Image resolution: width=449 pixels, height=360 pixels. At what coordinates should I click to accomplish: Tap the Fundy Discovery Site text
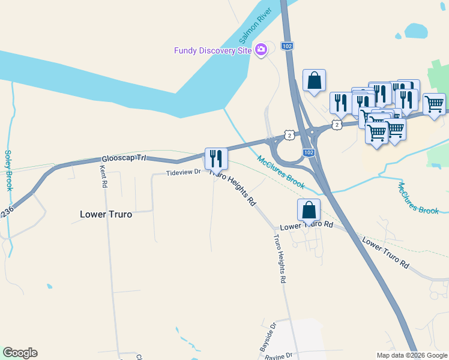(x=212, y=50)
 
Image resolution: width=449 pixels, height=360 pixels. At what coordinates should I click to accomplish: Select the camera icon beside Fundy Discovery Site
(x=261, y=50)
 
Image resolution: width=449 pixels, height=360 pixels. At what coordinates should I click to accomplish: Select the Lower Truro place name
(x=106, y=214)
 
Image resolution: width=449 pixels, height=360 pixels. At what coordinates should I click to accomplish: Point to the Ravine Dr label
(x=278, y=356)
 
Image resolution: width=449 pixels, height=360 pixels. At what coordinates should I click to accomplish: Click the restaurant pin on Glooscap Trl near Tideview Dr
(x=216, y=158)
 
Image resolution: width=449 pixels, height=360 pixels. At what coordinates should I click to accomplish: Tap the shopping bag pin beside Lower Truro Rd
(x=309, y=211)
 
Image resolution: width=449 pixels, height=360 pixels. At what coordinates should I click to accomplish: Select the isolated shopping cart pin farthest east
(x=434, y=104)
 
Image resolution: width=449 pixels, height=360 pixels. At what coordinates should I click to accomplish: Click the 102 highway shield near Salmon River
(x=287, y=46)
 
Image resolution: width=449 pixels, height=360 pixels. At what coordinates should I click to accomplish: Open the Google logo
(x=20, y=353)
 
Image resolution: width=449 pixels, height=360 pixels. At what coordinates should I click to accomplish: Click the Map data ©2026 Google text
(x=411, y=355)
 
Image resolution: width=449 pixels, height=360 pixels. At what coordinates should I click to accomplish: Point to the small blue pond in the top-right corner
(x=415, y=29)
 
